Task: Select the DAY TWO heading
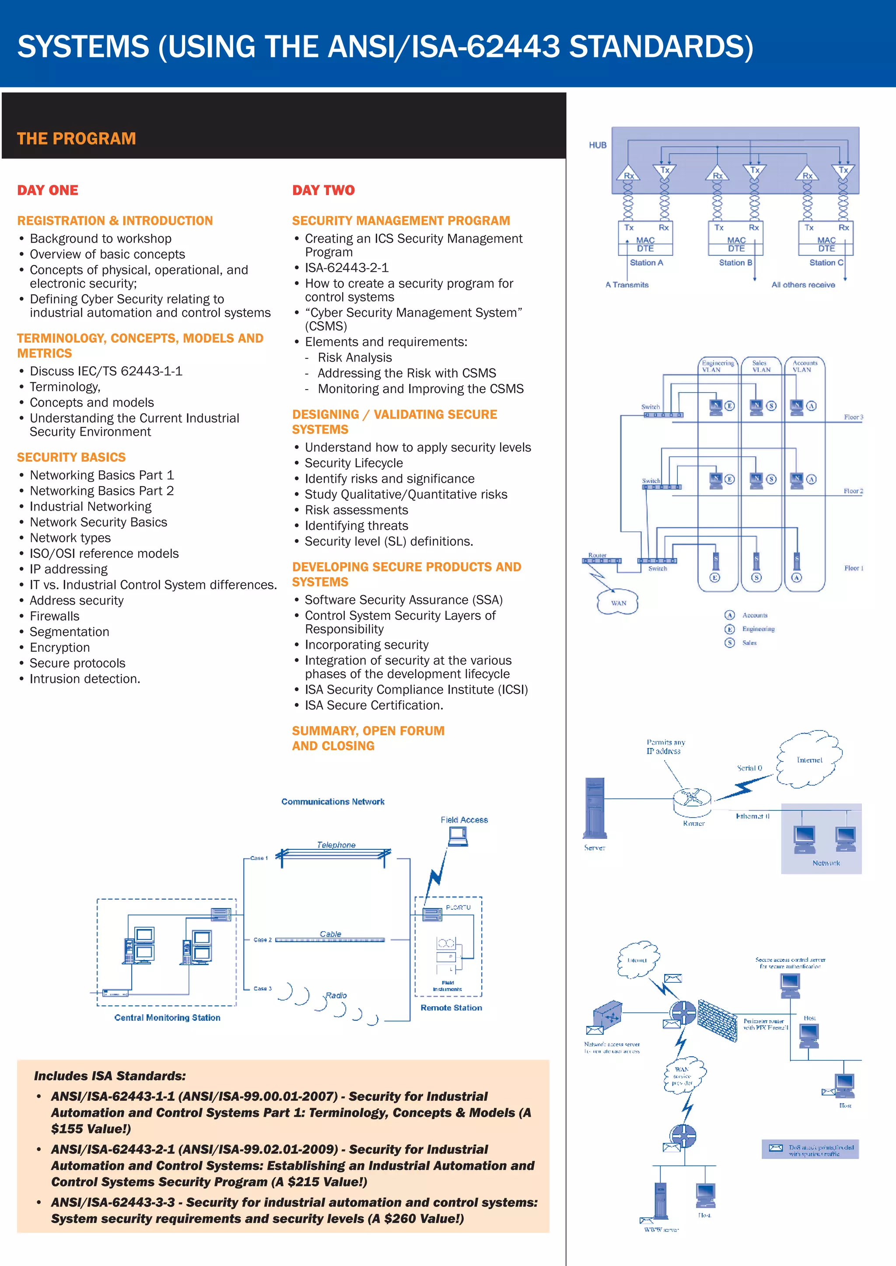(323, 190)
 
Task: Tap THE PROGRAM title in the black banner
(76, 139)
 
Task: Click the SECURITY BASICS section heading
(71, 457)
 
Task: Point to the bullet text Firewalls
(54, 616)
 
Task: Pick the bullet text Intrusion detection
(84, 679)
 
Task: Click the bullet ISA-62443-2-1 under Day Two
(346, 268)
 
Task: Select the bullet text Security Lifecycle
(353, 463)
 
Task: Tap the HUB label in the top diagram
(598, 145)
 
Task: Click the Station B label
(735, 262)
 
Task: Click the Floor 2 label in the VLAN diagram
(853, 491)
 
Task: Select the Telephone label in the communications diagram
(336, 845)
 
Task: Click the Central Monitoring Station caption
(167, 1018)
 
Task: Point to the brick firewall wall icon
(717, 1020)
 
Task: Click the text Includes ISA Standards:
(110, 1076)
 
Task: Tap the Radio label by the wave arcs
(336, 995)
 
